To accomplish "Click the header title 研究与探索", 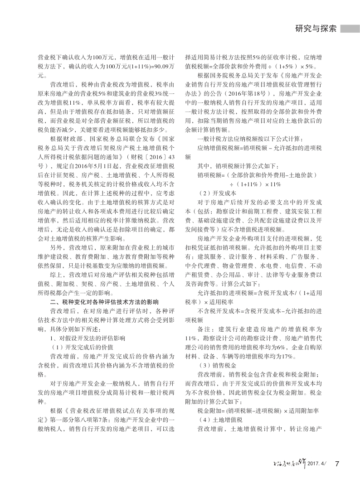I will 316,29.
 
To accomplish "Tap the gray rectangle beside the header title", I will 350,29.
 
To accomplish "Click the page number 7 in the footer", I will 337,464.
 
